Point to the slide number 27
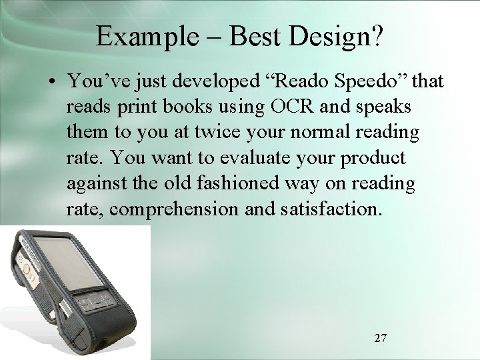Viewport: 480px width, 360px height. click(x=380, y=338)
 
